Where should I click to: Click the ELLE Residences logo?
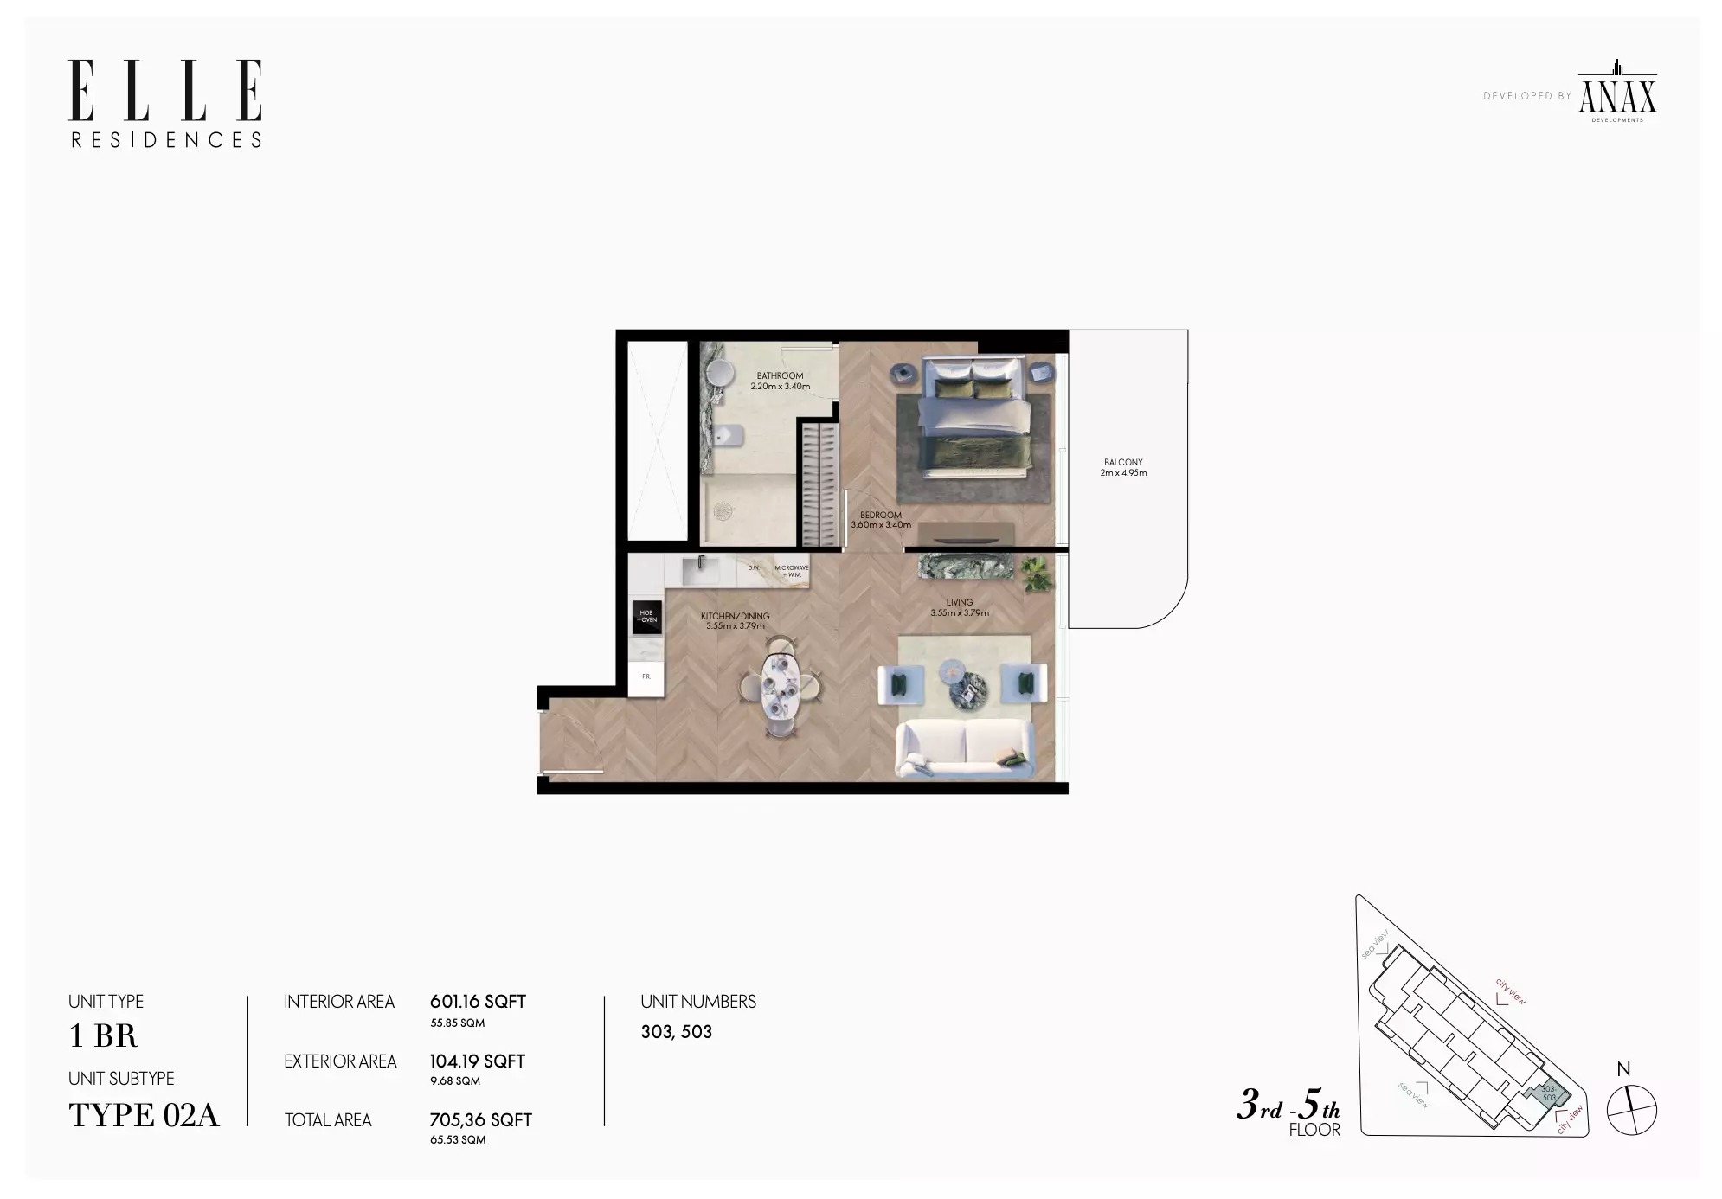(165, 103)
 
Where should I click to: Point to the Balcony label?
(1123, 467)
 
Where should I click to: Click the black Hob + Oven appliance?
(647, 617)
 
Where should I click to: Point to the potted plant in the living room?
(1036, 574)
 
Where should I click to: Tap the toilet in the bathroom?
(729, 435)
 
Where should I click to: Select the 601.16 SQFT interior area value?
(478, 1002)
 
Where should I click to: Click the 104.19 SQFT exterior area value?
(477, 1061)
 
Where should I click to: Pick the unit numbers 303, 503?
(676, 1032)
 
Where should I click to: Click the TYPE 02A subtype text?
(144, 1116)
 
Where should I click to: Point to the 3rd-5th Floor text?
(1288, 1112)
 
